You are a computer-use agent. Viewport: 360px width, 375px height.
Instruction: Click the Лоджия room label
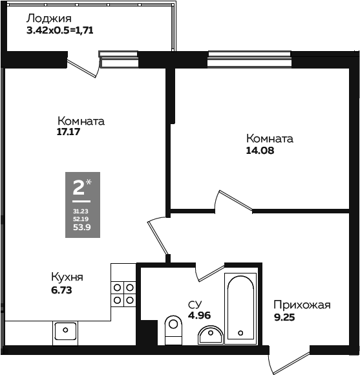[x=48, y=19]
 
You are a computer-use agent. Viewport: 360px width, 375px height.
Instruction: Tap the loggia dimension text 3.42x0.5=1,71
[x=64, y=30]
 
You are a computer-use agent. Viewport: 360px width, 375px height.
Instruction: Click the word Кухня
[x=67, y=277]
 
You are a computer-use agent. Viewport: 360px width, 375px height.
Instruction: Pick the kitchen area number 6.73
[x=61, y=290]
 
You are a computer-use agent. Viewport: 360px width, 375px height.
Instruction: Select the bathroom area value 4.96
[x=199, y=316]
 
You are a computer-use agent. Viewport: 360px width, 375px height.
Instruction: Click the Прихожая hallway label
[x=301, y=305]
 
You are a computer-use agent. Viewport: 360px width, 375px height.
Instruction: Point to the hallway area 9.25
[x=285, y=317]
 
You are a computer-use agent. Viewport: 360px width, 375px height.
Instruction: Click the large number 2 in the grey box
[x=78, y=188]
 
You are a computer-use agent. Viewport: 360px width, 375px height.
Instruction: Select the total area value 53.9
[x=81, y=227]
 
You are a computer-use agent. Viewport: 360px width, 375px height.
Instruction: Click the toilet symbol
[x=173, y=330]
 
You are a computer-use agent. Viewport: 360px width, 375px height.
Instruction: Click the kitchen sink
[x=65, y=332]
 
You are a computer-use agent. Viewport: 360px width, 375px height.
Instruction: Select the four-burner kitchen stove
[x=123, y=293]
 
